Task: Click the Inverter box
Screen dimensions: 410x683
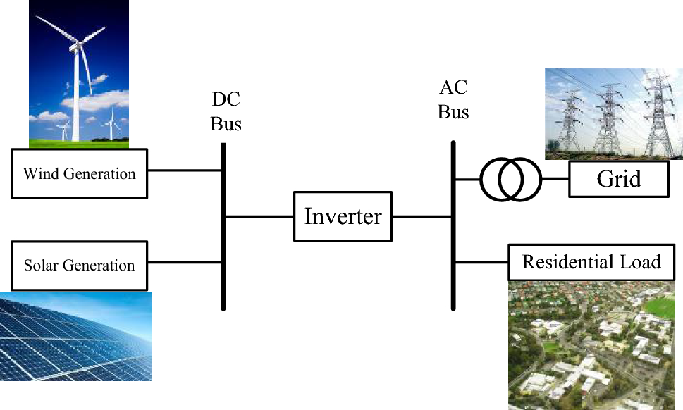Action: click(x=343, y=216)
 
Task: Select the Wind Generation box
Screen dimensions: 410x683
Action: click(x=79, y=173)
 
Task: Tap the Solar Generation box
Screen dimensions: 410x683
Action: click(x=79, y=266)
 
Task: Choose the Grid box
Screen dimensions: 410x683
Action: click(x=618, y=179)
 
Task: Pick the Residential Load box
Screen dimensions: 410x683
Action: click(x=591, y=263)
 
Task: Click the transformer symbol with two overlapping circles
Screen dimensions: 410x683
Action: click(x=510, y=179)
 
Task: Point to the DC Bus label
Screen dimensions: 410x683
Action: click(x=226, y=113)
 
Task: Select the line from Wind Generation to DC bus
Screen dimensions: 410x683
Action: click(x=185, y=170)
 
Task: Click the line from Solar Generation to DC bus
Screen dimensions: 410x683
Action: click(x=185, y=263)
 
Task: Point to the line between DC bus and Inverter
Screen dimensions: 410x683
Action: click(x=259, y=216)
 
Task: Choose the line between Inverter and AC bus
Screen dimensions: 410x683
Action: click(x=422, y=216)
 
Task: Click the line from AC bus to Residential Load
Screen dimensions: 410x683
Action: click(x=481, y=263)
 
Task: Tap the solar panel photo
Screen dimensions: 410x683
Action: click(x=75, y=336)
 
